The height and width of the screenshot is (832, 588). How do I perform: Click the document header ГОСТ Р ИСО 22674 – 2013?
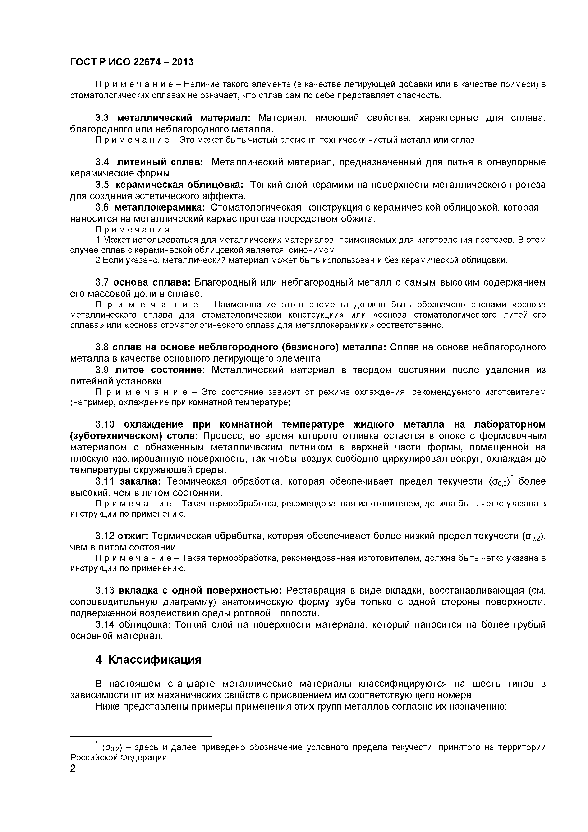[132, 62]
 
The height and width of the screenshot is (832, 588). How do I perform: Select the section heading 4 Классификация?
[148, 660]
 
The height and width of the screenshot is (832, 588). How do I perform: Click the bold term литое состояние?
[160, 370]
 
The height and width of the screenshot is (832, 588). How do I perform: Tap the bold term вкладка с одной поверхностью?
[200, 591]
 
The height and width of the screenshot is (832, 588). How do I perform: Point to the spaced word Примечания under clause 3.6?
[132, 230]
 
